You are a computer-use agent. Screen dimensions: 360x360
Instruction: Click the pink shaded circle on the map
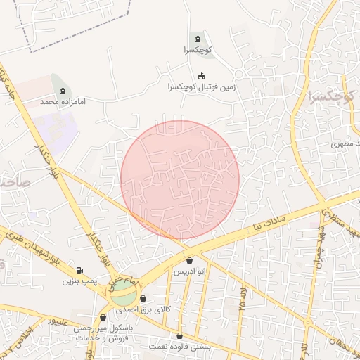[x=180, y=179]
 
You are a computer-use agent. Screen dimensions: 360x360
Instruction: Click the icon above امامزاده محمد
[x=64, y=90]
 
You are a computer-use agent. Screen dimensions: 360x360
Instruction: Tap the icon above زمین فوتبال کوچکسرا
[x=202, y=76]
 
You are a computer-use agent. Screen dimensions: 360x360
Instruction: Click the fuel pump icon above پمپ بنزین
[x=78, y=270]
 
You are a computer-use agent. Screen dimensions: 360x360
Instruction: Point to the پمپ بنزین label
[x=78, y=281]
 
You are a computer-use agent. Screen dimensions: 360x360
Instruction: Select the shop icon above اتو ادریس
[x=190, y=261]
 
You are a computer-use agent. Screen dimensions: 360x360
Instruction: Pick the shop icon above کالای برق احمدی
[x=143, y=299]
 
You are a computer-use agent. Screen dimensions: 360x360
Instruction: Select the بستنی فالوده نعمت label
[x=179, y=347]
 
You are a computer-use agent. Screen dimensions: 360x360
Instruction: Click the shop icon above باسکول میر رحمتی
[x=104, y=318]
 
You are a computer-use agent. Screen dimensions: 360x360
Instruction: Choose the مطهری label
[x=346, y=144]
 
